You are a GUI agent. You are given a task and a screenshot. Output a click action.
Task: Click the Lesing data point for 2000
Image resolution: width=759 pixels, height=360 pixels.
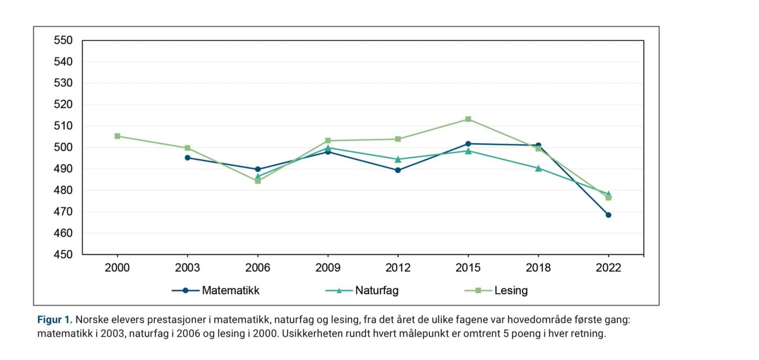pyautogui.click(x=117, y=136)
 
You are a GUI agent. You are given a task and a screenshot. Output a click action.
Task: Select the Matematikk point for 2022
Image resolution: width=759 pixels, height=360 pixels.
pyautogui.click(x=608, y=215)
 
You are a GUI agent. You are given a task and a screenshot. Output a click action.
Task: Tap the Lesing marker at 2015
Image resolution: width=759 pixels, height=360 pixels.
pyautogui.click(x=468, y=119)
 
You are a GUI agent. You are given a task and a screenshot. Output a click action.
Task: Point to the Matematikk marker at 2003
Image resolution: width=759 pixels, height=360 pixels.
pyautogui.click(x=187, y=158)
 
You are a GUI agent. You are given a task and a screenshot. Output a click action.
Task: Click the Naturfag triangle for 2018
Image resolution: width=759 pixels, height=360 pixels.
pyautogui.click(x=538, y=168)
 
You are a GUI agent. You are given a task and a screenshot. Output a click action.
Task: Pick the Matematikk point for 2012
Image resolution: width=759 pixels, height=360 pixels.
pyautogui.click(x=398, y=170)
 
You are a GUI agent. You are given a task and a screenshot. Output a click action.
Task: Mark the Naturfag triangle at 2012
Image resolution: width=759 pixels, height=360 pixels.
pyautogui.click(x=398, y=159)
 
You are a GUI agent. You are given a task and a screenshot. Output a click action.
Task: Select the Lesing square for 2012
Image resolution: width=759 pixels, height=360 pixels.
pyautogui.click(x=398, y=139)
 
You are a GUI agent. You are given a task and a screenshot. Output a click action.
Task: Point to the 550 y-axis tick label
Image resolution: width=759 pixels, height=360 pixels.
pyautogui.click(x=65, y=40)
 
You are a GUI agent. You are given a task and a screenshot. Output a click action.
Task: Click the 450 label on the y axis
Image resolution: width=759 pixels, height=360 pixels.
pyautogui.click(x=65, y=255)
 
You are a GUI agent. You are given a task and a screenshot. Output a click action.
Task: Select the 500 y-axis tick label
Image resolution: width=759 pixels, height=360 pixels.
pyautogui.click(x=65, y=147)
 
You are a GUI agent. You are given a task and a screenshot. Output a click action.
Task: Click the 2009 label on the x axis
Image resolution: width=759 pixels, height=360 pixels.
pyautogui.click(x=328, y=268)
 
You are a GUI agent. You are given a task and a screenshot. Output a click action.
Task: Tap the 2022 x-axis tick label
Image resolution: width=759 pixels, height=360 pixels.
pyautogui.click(x=608, y=268)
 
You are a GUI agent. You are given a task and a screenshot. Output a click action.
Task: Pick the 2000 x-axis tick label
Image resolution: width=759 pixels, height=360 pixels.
pyautogui.click(x=117, y=268)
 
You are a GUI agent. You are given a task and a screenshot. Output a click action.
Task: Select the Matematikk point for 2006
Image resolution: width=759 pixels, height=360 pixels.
pyautogui.click(x=257, y=170)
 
